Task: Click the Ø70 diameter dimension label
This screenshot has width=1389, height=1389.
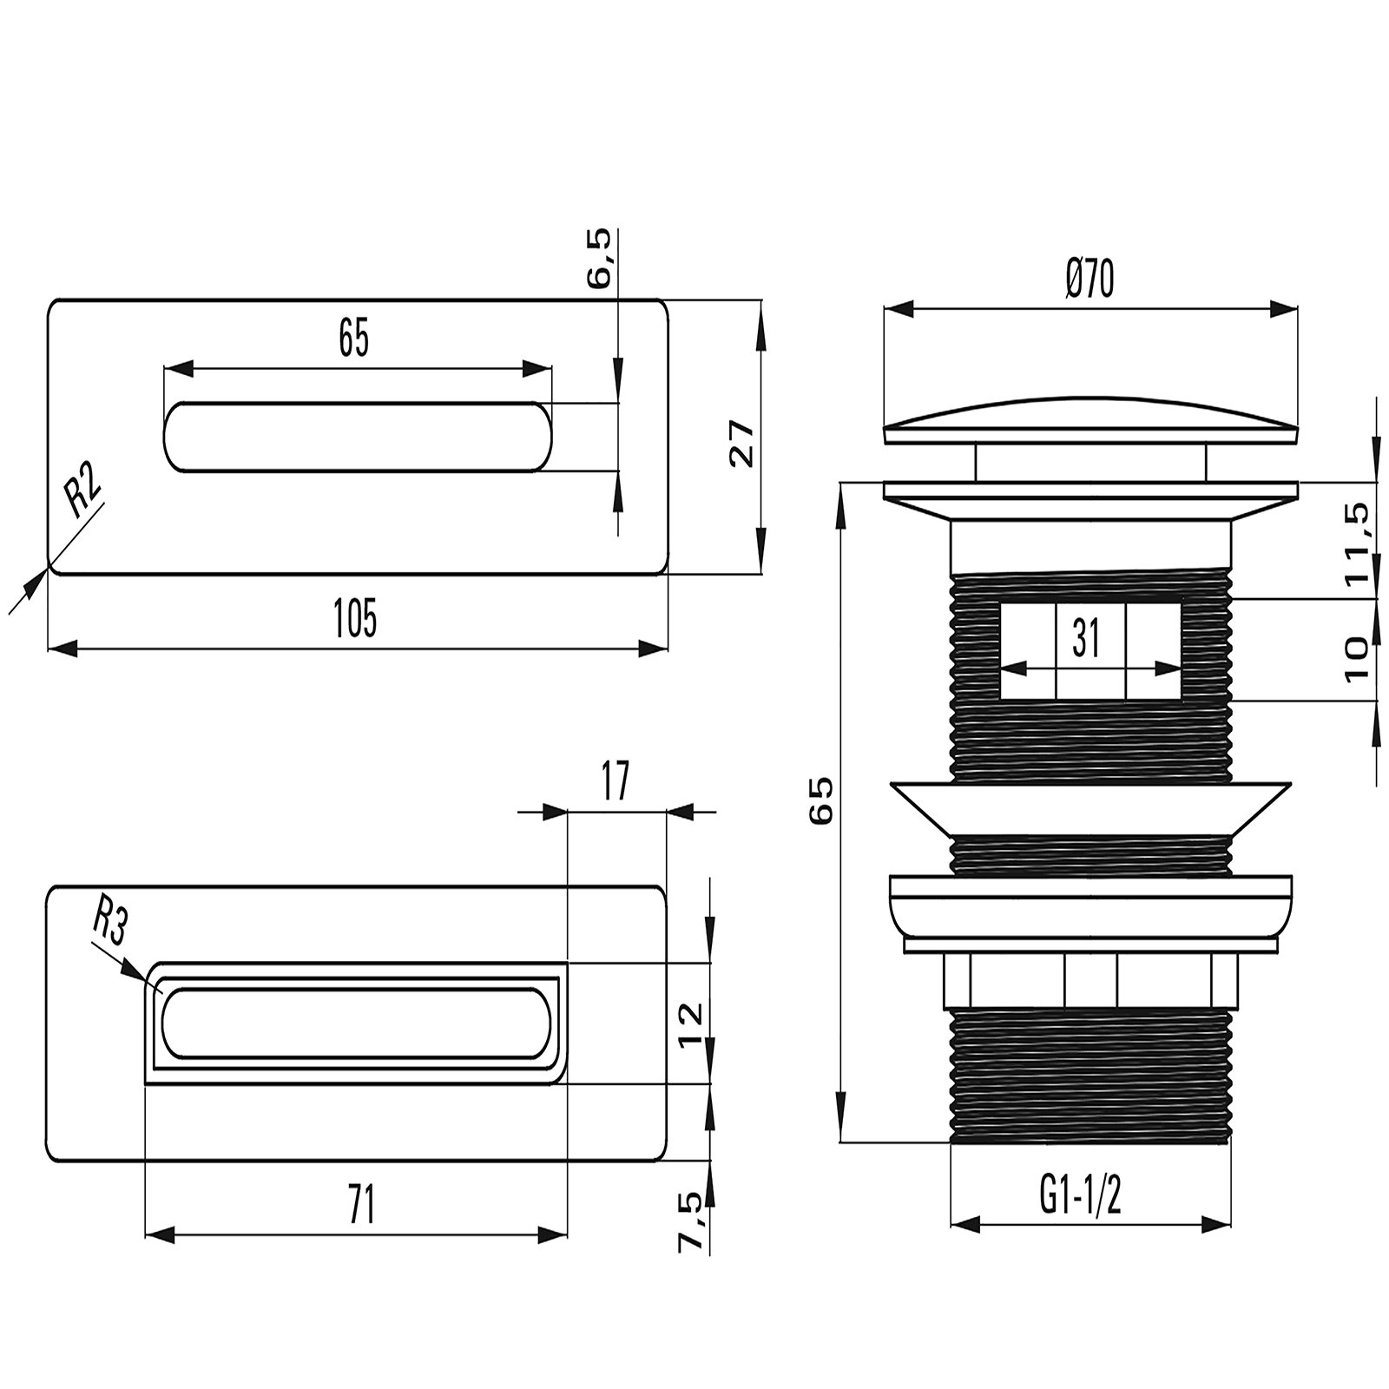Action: (x=1089, y=280)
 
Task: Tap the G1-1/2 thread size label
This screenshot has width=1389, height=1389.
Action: (x=1080, y=1200)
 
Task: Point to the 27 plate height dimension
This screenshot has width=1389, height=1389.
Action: (x=742, y=444)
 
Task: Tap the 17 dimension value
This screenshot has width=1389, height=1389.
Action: (x=614, y=780)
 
